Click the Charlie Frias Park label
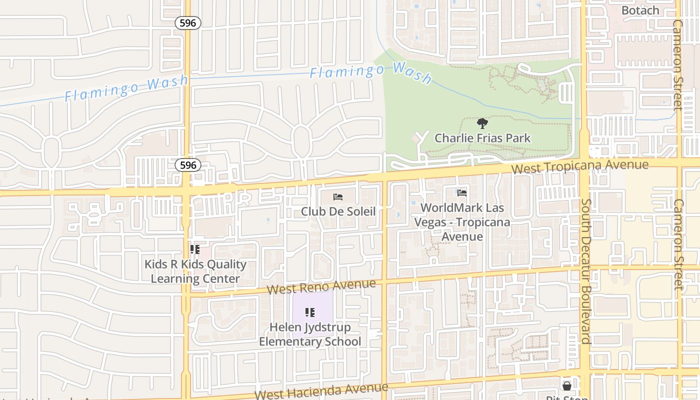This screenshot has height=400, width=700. click(482, 138)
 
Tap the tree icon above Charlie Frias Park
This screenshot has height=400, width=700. click(482, 123)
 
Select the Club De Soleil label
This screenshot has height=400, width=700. click(338, 211)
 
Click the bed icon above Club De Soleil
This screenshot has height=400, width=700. click(338, 197)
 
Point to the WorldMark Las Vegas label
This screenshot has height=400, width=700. click(462, 221)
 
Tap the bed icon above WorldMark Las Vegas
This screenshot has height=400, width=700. click(462, 193)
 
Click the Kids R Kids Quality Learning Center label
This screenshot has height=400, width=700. click(195, 271)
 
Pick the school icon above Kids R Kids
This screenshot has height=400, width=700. click(195, 249)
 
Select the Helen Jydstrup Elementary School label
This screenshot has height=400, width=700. click(310, 334)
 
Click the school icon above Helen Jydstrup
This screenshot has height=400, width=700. click(310, 312)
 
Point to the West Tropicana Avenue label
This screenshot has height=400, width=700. click(579, 166)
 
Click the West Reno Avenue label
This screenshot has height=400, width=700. click(321, 286)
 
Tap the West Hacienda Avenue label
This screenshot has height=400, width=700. click(321, 390)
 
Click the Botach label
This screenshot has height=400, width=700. click(640, 10)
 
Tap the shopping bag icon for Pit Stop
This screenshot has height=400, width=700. click(566, 385)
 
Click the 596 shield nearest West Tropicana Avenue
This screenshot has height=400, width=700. click(188, 164)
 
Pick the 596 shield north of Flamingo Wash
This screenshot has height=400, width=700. click(188, 22)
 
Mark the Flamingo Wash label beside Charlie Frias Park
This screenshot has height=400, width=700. click(370, 72)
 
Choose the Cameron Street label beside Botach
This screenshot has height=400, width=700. click(677, 65)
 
